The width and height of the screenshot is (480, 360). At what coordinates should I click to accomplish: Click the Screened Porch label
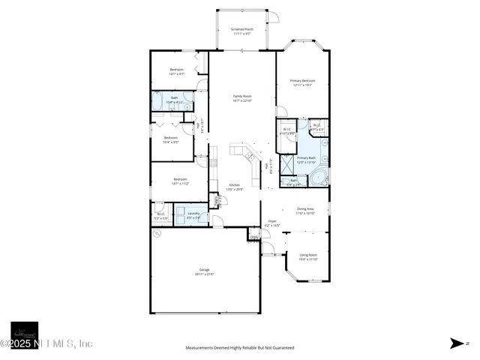(x=241, y=29)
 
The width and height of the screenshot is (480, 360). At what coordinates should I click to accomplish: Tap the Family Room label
(x=241, y=96)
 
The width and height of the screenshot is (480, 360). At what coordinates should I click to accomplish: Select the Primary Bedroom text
(x=302, y=80)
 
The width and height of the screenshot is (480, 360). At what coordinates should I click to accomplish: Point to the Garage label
(x=204, y=269)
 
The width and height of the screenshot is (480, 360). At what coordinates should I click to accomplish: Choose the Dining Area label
(x=305, y=209)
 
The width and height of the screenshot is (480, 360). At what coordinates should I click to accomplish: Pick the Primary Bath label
(x=306, y=158)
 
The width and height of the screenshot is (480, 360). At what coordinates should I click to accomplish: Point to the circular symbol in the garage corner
(x=157, y=234)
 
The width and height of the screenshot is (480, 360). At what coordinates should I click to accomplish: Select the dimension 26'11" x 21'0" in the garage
(x=204, y=274)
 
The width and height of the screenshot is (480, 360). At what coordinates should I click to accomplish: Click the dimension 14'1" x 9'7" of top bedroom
(x=176, y=74)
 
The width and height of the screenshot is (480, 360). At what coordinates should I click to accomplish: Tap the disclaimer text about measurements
(x=240, y=348)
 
